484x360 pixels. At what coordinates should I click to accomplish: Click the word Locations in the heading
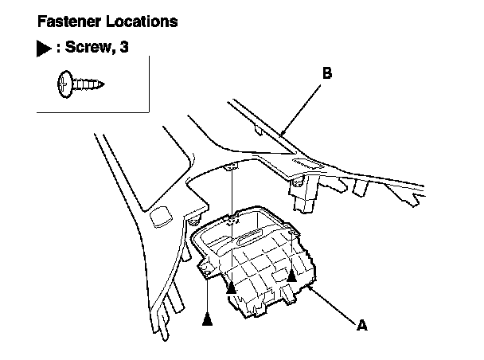click(x=142, y=22)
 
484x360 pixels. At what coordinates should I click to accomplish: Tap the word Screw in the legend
click(x=88, y=47)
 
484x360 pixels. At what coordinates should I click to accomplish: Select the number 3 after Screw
click(x=124, y=47)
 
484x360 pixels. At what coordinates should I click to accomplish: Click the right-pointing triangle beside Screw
click(x=44, y=49)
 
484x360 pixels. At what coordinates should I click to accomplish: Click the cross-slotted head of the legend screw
click(x=64, y=84)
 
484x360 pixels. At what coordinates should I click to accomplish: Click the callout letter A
click(x=362, y=325)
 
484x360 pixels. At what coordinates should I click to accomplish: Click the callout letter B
click(x=327, y=73)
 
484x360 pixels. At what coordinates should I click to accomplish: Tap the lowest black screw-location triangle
click(x=208, y=319)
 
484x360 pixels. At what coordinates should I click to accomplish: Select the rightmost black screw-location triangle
click(x=291, y=276)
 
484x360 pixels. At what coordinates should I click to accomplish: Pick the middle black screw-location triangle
click(x=231, y=288)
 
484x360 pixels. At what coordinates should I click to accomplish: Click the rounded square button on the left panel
click(x=161, y=217)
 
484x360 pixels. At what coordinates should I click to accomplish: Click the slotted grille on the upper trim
click(x=307, y=163)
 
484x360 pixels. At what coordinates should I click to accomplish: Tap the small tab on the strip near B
click(x=259, y=130)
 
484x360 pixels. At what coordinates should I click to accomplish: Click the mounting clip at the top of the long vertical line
click(x=231, y=166)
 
